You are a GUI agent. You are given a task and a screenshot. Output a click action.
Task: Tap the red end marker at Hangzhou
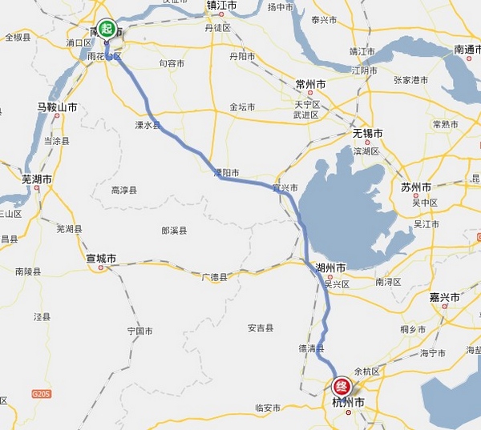(x=343, y=385)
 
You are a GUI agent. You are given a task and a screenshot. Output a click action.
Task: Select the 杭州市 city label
(x=348, y=402)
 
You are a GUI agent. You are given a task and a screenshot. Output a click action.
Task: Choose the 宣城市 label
(x=101, y=259)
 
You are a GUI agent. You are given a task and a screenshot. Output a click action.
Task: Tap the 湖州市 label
(x=330, y=267)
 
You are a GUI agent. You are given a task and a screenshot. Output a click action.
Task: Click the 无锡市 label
(x=367, y=133)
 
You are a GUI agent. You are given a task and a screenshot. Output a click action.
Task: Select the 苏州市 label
(x=417, y=187)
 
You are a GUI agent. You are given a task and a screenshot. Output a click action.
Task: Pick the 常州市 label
(x=310, y=84)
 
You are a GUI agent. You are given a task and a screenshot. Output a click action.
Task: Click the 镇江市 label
(x=222, y=6)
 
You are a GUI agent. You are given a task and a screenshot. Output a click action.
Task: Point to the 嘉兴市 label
(x=444, y=297)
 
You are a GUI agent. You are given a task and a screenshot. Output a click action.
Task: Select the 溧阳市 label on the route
(x=226, y=172)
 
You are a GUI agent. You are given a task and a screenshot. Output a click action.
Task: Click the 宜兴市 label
(x=285, y=187)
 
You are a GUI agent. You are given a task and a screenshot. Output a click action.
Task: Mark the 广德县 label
(x=214, y=277)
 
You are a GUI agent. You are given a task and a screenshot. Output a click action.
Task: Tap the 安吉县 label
(x=261, y=328)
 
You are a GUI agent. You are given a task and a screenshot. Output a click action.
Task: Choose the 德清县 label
(x=311, y=348)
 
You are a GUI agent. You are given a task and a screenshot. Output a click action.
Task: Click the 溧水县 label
(x=148, y=126)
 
